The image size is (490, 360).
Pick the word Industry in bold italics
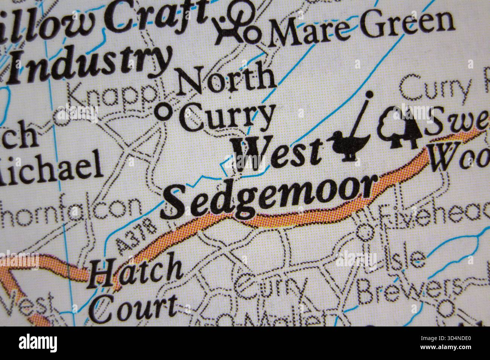pyautogui.click(x=89, y=63)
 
